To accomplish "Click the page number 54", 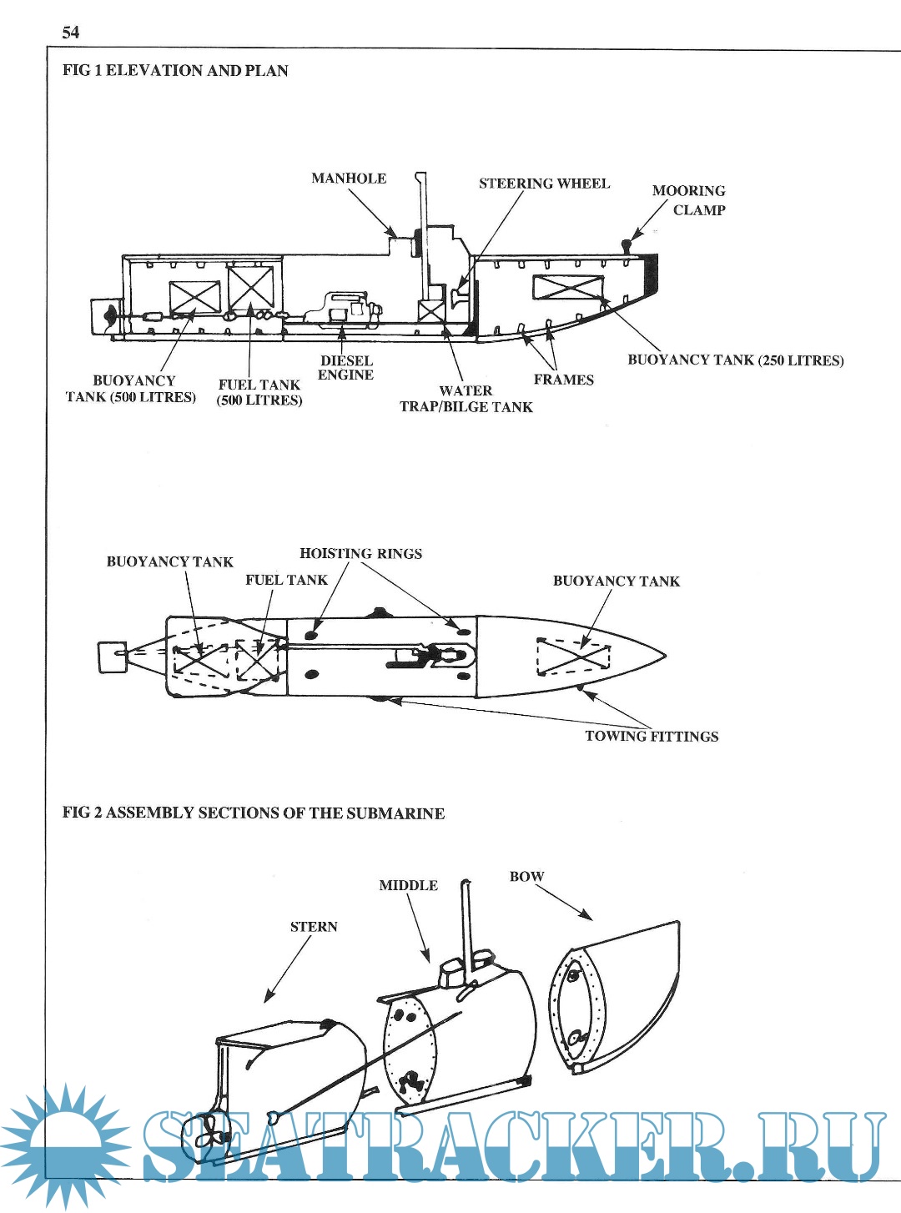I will pos(71,33).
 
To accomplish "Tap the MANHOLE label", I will pos(349,179).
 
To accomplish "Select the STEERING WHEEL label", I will pos(544,184).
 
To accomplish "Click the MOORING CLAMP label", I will pos(689,200).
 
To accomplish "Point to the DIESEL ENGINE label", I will pos(346,368).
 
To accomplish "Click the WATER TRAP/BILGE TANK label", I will pos(466,399).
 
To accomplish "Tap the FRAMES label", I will pos(564,380).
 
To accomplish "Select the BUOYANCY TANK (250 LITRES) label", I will pos(735,360).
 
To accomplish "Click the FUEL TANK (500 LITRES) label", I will pos(259,392).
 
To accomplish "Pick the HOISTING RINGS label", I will pos(360,554).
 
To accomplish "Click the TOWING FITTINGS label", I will pos(652,737).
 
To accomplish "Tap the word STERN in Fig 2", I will pos(314,927).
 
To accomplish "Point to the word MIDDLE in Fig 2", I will pos(408,886).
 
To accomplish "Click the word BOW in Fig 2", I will pos(526,877).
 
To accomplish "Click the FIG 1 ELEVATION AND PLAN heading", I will pos(175,71).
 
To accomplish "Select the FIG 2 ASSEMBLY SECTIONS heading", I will pos(254,813).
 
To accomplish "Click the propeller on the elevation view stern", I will pos(109,315).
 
